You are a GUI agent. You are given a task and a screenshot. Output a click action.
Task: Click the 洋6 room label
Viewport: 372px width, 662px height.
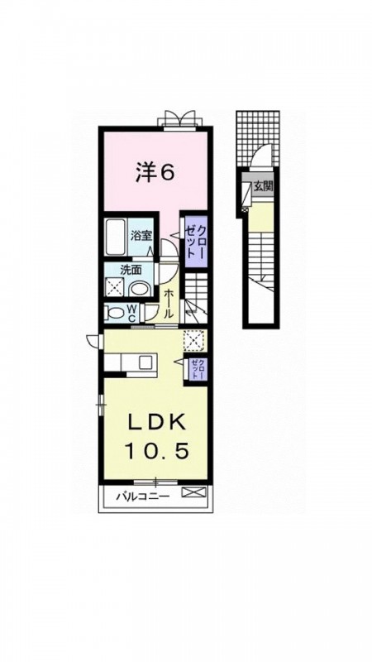point(155,172)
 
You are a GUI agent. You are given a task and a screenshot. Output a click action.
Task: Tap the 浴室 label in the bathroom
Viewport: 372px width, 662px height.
point(141,236)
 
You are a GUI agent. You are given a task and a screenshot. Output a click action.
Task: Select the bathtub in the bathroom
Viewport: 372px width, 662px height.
point(115,237)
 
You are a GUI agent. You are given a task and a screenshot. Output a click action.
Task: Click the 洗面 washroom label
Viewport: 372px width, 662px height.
point(131,270)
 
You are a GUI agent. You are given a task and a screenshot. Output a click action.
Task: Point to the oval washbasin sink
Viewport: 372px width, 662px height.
point(140,289)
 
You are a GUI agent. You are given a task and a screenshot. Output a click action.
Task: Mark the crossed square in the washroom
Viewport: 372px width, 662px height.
point(114,287)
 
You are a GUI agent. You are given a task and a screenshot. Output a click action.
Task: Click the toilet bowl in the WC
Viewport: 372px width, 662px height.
point(114,314)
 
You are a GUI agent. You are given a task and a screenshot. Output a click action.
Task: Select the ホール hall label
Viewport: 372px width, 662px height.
point(168,303)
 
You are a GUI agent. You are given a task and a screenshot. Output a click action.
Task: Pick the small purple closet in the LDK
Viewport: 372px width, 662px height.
point(198,369)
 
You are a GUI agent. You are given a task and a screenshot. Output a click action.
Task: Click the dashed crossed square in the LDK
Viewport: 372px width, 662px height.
point(195,341)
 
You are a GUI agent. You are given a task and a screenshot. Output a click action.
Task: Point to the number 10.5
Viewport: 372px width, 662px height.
point(156,452)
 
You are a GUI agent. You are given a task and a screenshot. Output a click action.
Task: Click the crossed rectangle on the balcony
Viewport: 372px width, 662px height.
point(193,492)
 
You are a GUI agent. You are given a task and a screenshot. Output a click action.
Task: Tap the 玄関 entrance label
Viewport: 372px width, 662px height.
point(263,187)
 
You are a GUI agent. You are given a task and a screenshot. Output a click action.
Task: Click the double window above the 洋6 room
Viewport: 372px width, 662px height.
point(180,118)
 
